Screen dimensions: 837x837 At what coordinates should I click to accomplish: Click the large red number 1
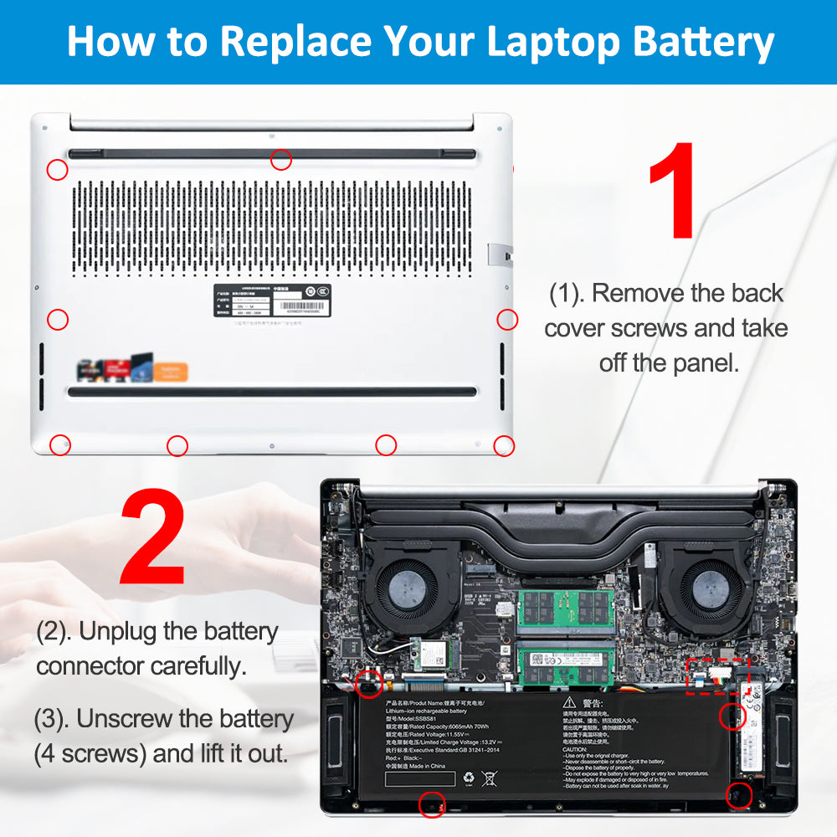[672, 191]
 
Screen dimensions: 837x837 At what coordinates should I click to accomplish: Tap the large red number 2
[152, 538]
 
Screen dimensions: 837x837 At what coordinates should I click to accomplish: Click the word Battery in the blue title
[701, 41]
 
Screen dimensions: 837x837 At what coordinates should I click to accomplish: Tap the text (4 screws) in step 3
[90, 753]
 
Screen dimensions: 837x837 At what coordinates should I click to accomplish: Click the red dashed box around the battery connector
[717, 675]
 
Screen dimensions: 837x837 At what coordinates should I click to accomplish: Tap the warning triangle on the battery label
[569, 702]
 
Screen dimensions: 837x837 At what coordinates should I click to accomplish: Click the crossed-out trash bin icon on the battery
[489, 779]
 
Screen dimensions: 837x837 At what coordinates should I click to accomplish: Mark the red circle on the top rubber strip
[281, 158]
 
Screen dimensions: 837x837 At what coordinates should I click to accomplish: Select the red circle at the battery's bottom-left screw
[432, 804]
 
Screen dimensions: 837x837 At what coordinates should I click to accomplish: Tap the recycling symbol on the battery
[468, 779]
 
